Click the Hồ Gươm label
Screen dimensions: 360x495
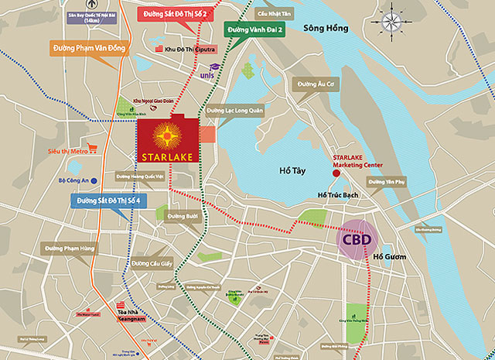388,256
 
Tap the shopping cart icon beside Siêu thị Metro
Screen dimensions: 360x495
92,147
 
